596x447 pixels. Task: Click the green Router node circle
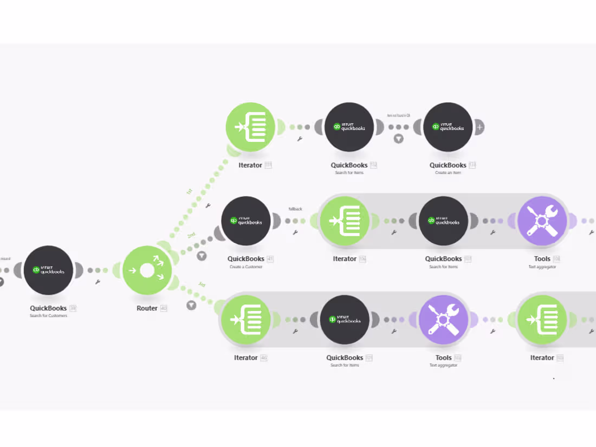147,270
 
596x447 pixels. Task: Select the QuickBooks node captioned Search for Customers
48,270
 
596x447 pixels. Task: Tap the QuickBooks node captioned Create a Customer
246,221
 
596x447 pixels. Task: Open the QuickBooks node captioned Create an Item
448,127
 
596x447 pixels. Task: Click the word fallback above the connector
295,209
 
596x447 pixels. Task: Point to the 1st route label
189,191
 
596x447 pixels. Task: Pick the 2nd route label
191,235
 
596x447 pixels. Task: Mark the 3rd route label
201,284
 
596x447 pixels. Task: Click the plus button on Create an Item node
480,127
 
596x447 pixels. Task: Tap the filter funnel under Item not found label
398,139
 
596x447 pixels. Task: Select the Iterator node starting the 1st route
250,127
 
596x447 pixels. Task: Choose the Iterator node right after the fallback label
345,221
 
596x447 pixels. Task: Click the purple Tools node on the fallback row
542,221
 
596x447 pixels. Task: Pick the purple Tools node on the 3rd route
443,320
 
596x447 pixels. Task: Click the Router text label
147,308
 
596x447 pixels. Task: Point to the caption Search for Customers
48,315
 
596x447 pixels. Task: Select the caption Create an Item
448,172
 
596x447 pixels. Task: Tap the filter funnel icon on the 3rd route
191,306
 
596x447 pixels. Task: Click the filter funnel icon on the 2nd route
202,256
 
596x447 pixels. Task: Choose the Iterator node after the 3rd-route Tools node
542,320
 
